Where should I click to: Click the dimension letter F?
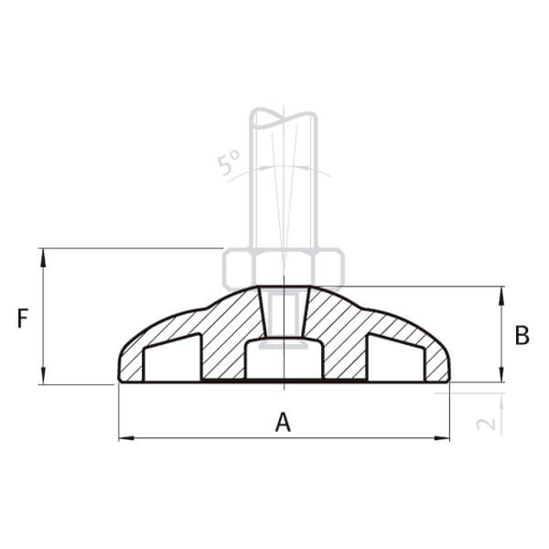pyautogui.click(x=23, y=318)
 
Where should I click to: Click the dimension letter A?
pyautogui.click(x=283, y=422)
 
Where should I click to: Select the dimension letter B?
pyautogui.click(x=522, y=335)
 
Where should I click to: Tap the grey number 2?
pyautogui.click(x=486, y=424)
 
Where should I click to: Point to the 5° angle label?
pyautogui.click(x=229, y=162)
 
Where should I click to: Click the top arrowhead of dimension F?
pyautogui.click(x=43, y=257)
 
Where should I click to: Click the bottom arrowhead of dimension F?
pyautogui.click(x=43, y=375)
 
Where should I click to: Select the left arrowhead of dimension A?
pyautogui.click(x=127, y=437)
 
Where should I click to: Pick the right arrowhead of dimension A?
pyautogui.click(x=441, y=437)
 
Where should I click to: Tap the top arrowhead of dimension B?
pyautogui.click(x=501, y=296)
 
